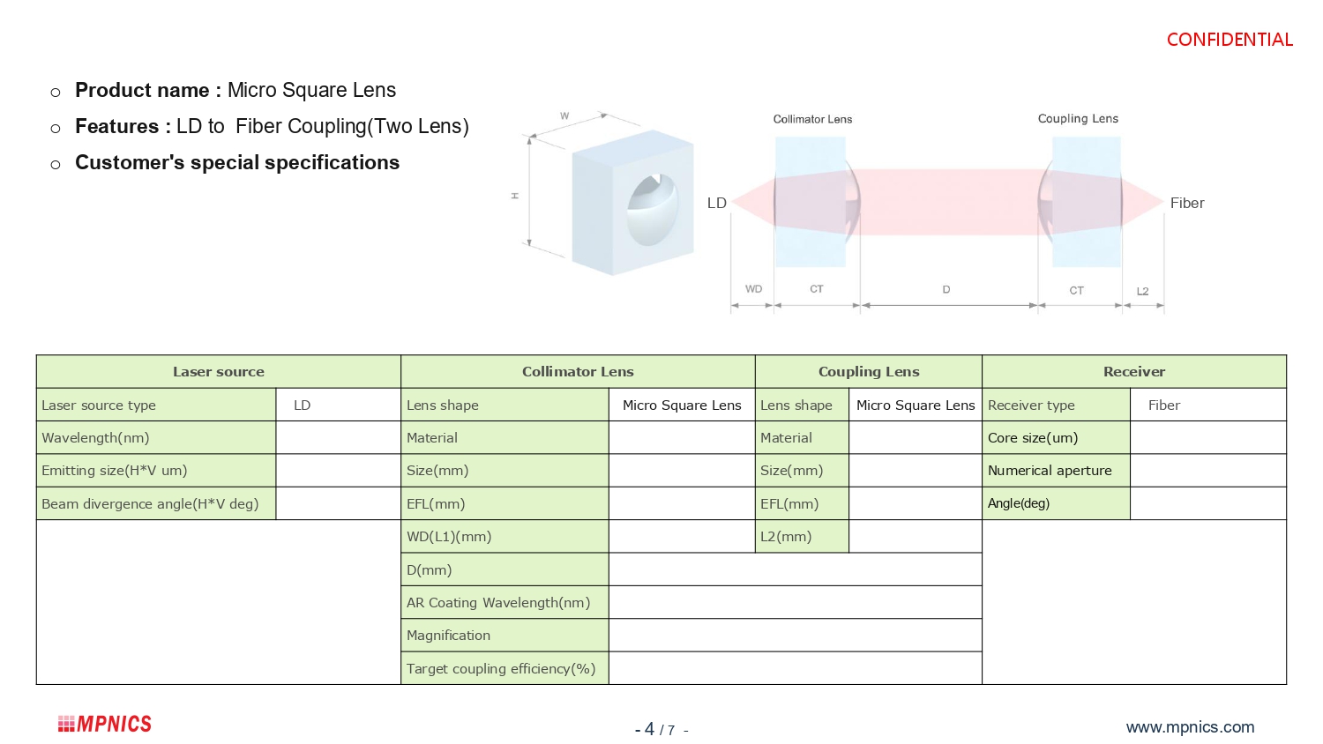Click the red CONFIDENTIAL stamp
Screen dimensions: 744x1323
[1230, 40]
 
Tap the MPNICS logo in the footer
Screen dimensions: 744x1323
[105, 724]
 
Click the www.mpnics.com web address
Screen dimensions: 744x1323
[1190, 727]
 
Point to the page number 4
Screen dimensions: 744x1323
[649, 729]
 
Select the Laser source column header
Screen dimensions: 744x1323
[218, 372]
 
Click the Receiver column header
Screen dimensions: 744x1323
[1133, 372]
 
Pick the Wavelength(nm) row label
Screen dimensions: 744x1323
[95, 438]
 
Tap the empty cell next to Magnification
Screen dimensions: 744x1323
[795, 636]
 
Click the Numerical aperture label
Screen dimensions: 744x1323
[1050, 471]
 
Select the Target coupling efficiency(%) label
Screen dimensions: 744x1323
[501, 669]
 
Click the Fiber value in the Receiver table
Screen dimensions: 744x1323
[1164, 405]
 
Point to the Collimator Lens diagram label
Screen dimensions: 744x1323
[812, 119]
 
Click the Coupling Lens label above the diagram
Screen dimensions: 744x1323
[1078, 119]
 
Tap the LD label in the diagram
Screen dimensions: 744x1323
[717, 204]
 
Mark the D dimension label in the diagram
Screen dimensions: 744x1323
[946, 289]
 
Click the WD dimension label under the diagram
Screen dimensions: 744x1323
[753, 289]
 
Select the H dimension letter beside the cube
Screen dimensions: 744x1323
[514, 196]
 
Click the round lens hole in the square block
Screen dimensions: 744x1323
[653, 210]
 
